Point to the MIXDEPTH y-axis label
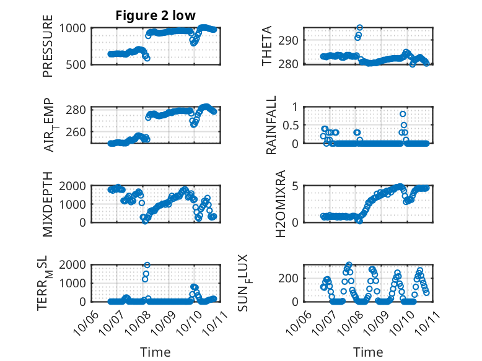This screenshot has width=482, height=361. pyautogui.click(x=48, y=204)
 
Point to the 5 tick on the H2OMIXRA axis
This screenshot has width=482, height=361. pyautogui.click(x=296, y=186)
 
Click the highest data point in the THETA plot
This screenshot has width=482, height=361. pyautogui.click(x=359, y=28)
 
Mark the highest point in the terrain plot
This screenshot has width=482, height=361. pyautogui.click(x=147, y=265)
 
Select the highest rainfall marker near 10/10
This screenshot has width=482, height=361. pyautogui.click(x=403, y=114)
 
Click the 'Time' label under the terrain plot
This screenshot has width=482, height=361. pyautogui.click(x=156, y=352)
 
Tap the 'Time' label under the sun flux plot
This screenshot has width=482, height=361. pyautogui.click(x=368, y=352)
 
